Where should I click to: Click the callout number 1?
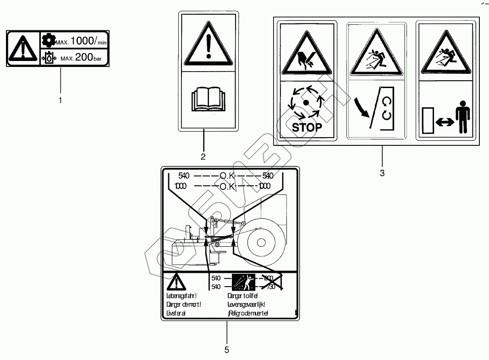pos(60,100)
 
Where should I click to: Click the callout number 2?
pos(203,156)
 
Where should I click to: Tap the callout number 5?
pos(226,350)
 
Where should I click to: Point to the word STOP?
pos(307,127)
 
